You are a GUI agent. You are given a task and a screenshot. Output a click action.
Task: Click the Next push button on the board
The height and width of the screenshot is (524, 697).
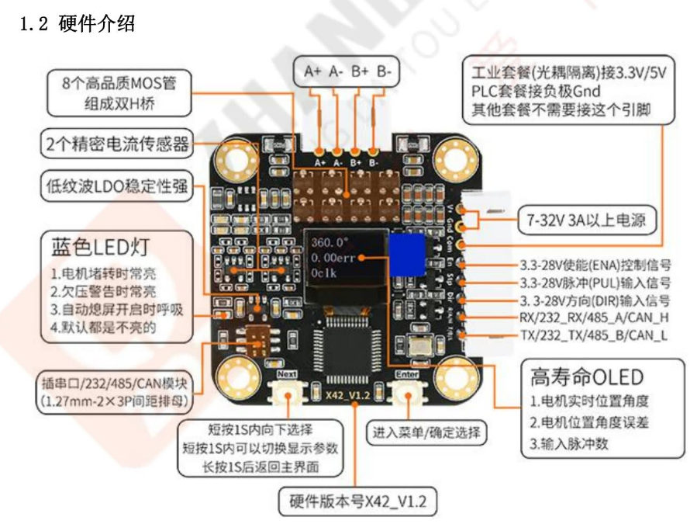point(287,396)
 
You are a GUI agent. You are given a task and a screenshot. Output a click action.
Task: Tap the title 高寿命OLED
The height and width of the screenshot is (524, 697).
point(587,377)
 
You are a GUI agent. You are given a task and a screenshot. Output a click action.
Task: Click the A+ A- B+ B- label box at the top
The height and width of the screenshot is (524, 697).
point(347,71)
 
